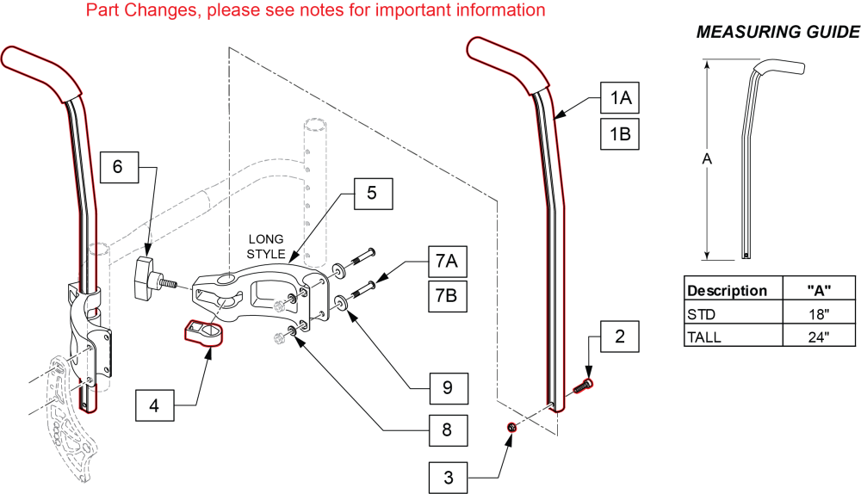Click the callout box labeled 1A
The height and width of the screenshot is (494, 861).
pos(620,99)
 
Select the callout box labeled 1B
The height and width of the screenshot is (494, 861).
pos(620,135)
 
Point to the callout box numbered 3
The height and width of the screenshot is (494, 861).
pos(448,475)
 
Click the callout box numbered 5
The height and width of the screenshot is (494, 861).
pos(371,194)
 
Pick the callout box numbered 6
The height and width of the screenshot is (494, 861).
pos(120,167)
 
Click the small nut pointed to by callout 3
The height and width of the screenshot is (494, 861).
pos(511,428)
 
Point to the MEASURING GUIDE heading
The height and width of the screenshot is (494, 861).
pos(776,33)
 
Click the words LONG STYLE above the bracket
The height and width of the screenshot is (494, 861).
pos(266,245)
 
